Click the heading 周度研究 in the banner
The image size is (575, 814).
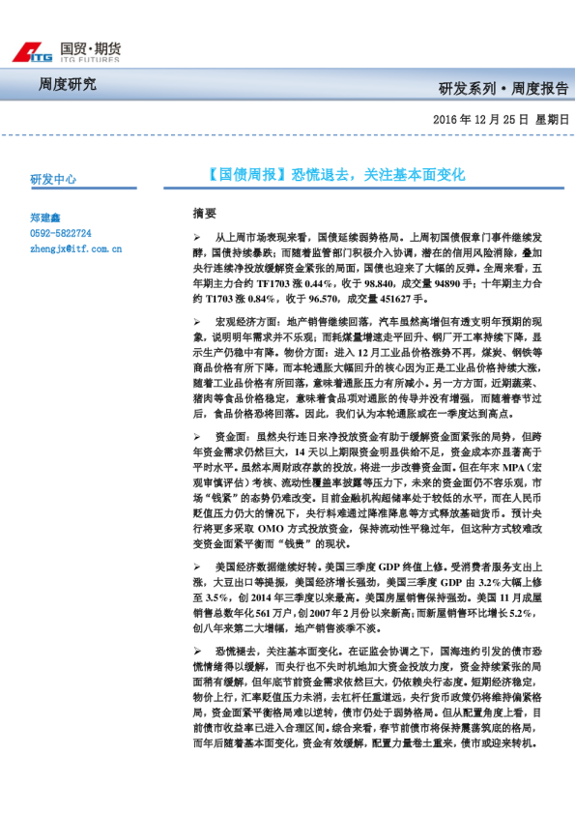coord(67,85)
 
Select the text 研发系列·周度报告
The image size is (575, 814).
coord(503,89)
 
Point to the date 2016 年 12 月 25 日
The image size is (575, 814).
coord(477,119)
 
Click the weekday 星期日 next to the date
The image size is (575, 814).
coord(553,119)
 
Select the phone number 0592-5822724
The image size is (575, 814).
coord(61,234)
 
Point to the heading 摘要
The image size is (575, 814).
coord(205,212)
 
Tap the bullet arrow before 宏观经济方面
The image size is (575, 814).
coord(197,320)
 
